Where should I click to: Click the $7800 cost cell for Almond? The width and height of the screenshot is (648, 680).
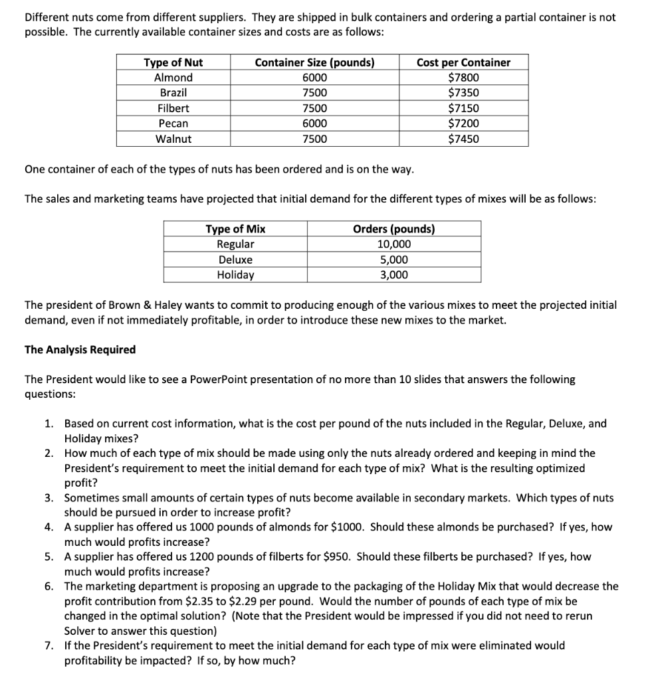pyautogui.click(x=463, y=78)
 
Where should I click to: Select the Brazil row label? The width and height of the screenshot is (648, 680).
pyautogui.click(x=173, y=93)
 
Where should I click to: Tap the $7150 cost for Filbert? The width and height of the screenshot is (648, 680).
pyautogui.click(x=463, y=108)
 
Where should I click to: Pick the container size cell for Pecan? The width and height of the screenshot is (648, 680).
pyautogui.click(x=314, y=124)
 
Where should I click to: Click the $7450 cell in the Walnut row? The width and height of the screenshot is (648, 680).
pyautogui.click(x=463, y=139)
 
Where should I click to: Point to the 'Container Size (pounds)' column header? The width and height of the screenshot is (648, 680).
pyautogui.click(x=314, y=62)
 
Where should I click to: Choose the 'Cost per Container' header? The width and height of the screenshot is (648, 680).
pyautogui.click(x=463, y=62)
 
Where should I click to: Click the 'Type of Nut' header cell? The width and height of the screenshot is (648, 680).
pyautogui.click(x=173, y=62)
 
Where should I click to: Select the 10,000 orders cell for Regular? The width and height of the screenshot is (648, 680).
pyautogui.click(x=394, y=244)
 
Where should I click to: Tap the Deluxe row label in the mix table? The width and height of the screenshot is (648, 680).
pyautogui.click(x=235, y=260)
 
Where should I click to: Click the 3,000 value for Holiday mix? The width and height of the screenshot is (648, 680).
pyautogui.click(x=394, y=275)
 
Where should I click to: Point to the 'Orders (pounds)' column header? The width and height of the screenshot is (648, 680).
pyautogui.click(x=394, y=229)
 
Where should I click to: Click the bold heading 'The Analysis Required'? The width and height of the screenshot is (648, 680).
pyautogui.click(x=80, y=349)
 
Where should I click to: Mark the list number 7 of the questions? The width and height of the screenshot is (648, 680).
pyautogui.click(x=49, y=645)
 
